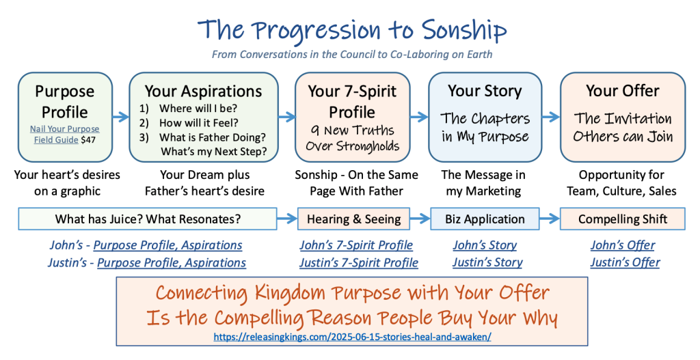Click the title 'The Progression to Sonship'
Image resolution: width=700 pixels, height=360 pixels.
pyautogui.click(x=352, y=30)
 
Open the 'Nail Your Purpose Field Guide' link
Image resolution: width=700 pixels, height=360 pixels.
pyautogui.click(x=64, y=135)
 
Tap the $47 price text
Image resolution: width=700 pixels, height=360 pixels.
pyautogui.click(x=88, y=139)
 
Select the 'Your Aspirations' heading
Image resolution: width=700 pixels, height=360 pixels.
pyautogui.click(x=203, y=91)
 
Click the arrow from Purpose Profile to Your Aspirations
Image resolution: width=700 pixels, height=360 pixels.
pyautogui.click(x=120, y=117)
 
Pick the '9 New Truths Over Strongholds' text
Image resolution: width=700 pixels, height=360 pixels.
pyautogui.click(x=352, y=138)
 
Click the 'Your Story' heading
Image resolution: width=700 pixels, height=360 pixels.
pyautogui.click(x=485, y=91)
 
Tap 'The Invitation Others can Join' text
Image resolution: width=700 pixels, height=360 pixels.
pyautogui.click(x=623, y=127)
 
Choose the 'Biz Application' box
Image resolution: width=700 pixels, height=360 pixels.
pyautogui.click(x=485, y=219)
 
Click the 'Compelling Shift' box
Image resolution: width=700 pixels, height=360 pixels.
pyautogui.click(x=623, y=219)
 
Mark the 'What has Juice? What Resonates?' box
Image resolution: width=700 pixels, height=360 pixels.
pyautogui.click(x=148, y=219)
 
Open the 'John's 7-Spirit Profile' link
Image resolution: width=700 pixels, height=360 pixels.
pyautogui.click(x=356, y=245)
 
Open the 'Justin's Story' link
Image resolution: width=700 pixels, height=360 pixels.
pyautogui.click(x=487, y=262)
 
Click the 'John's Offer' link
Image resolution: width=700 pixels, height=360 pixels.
pyautogui.click(x=623, y=245)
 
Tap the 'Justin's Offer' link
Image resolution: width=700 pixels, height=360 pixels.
pyautogui.click(x=625, y=262)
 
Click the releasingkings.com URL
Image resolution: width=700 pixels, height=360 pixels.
pyautogui.click(x=352, y=337)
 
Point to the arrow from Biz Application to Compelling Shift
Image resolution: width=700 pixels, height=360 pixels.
pyautogui.click(x=550, y=219)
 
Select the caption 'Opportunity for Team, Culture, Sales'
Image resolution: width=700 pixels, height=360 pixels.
pyautogui.click(x=621, y=183)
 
